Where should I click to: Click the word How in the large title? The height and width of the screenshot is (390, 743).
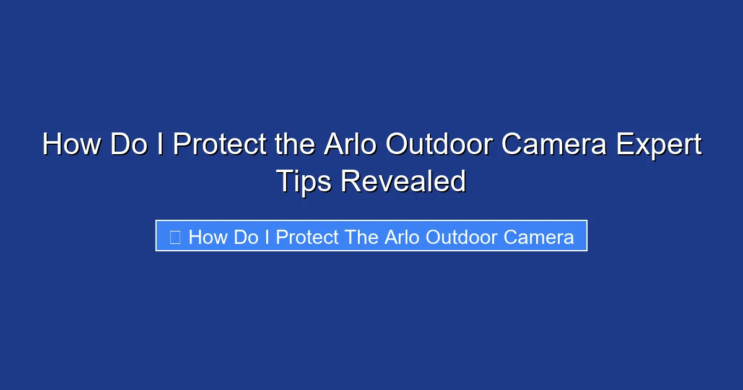pos(72,145)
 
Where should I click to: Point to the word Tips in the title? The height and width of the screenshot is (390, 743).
pos(303,182)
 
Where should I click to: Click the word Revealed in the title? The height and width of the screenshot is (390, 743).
pos(403,182)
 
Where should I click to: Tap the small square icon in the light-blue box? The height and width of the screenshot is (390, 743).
pos(175,237)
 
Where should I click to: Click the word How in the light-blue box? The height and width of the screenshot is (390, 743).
pos(208,237)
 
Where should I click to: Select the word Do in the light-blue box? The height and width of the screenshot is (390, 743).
pos(246,237)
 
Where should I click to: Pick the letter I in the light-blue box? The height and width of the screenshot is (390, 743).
pos(267,237)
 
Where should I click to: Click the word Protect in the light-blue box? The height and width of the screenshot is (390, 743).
pos(307,237)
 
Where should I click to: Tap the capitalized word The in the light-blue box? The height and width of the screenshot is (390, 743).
pos(362,237)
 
